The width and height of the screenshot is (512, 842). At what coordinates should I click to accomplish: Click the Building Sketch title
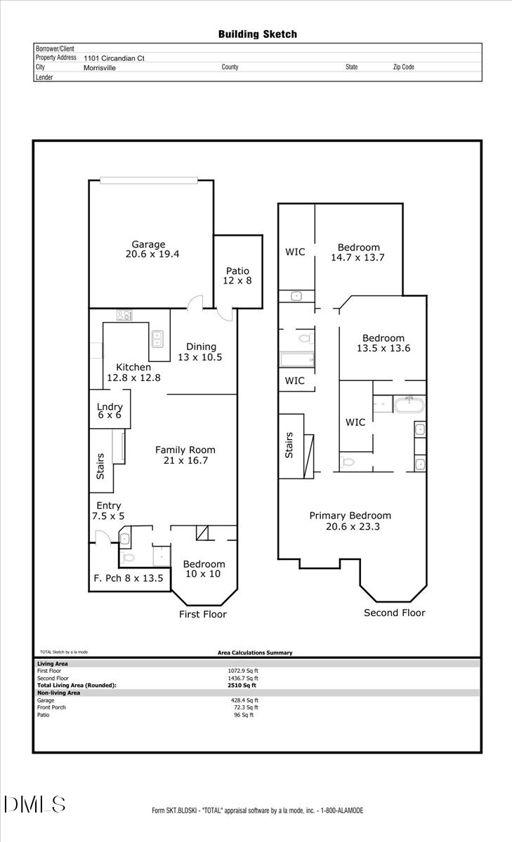[257, 34]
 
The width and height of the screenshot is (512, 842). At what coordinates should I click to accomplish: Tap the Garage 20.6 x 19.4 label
[152, 249]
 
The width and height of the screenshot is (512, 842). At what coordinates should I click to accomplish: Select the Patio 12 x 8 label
[238, 275]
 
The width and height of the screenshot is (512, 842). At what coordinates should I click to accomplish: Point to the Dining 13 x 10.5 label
[201, 352]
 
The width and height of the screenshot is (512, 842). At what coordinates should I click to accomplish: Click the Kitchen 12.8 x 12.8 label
[133, 372]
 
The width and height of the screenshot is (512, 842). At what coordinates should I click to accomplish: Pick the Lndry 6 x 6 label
[110, 410]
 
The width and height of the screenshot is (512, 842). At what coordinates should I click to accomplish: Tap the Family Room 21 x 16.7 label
[185, 455]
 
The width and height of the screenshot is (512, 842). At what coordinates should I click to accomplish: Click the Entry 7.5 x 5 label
[109, 510]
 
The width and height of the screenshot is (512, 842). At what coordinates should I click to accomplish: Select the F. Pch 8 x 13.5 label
[129, 578]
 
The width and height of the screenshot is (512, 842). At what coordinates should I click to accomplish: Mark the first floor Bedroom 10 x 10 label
[204, 568]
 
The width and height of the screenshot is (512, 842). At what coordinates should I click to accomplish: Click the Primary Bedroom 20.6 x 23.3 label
[350, 521]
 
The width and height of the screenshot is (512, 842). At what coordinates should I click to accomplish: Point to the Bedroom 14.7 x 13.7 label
[358, 252]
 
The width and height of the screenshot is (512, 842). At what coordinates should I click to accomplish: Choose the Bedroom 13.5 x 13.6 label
[383, 342]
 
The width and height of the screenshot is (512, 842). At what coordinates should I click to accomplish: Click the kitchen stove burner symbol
[125, 316]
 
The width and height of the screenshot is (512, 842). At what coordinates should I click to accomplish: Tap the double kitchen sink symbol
[157, 340]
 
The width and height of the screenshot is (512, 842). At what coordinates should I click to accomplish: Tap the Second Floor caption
[394, 613]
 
